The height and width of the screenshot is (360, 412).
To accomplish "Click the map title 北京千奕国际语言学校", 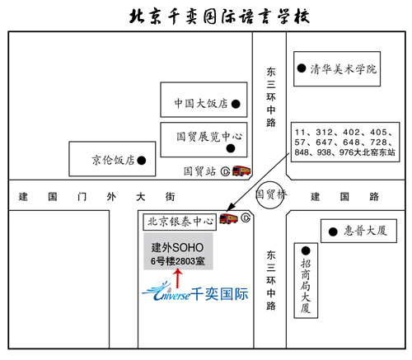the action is point(219,16).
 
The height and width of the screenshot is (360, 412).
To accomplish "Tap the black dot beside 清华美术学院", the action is point(302,68).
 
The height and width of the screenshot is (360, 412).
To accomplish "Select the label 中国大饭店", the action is point(201,104).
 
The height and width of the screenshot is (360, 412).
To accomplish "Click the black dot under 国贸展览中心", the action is point(231,148).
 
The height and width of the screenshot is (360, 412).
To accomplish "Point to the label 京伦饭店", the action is point(113,160).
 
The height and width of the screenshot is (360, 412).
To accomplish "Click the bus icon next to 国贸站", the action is point(241,171).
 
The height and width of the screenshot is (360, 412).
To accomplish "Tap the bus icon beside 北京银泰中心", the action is point(228,219).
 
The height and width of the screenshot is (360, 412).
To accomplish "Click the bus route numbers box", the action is point(345,142).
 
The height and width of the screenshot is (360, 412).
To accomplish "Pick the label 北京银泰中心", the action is point(180,222).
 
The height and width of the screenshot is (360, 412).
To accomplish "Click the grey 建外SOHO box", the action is point(178,251).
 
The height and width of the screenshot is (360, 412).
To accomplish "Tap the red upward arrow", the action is point(178,278).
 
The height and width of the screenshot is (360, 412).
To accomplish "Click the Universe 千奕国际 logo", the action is point(195,292).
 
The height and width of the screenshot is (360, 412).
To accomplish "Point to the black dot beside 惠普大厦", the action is point(333,231).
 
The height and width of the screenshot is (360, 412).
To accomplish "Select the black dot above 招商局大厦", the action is point(306,250).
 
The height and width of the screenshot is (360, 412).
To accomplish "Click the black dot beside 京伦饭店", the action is point(142,161).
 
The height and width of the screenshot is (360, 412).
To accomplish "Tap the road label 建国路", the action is point(344,197).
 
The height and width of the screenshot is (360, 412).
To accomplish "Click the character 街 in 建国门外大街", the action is point(170,197).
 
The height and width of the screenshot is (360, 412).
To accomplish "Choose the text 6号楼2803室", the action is point(178,261).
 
